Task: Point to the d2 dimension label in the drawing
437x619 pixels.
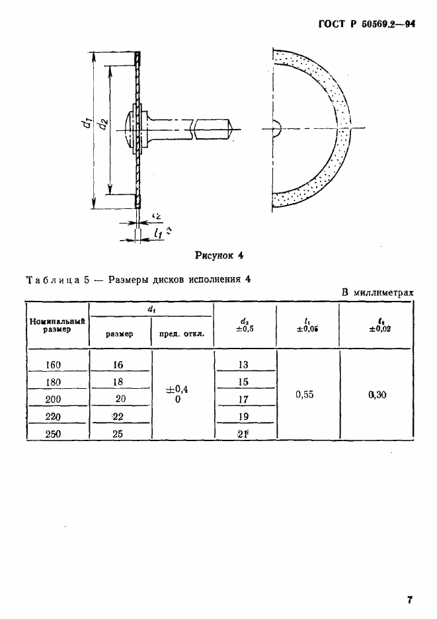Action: (101, 124)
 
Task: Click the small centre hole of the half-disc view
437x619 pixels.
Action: (276, 128)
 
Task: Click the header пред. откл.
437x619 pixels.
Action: (182, 334)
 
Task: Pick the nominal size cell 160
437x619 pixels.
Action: (56, 364)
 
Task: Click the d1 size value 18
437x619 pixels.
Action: (118, 382)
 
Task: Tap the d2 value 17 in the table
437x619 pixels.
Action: (243, 399)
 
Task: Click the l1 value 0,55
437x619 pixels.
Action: (305, 394)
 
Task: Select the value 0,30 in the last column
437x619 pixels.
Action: (376, 394)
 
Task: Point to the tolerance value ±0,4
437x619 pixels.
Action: (177, 390)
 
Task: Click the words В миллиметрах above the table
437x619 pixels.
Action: (377, 292)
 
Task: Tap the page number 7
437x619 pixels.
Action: (410, 600)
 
